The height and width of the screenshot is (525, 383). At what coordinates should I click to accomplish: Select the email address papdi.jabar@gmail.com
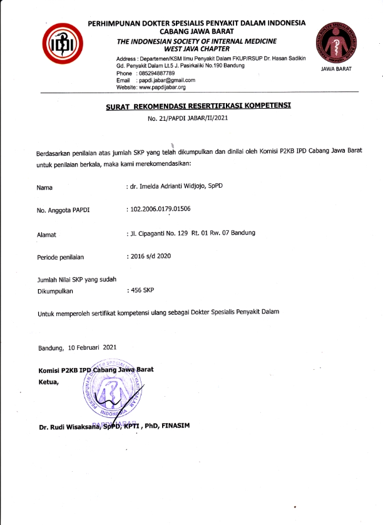coord(166,81)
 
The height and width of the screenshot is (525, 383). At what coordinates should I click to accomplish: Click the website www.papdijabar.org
coord(165,88)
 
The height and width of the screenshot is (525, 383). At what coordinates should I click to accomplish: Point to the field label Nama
coord(44,187)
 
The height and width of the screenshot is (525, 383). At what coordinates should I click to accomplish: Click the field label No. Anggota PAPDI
coord(63,210)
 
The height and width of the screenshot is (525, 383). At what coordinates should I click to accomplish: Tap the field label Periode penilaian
coord(60,257)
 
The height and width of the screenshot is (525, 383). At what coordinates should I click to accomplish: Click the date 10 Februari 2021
coord(92,347)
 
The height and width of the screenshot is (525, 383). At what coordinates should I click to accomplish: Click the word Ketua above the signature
coord(48,380)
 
